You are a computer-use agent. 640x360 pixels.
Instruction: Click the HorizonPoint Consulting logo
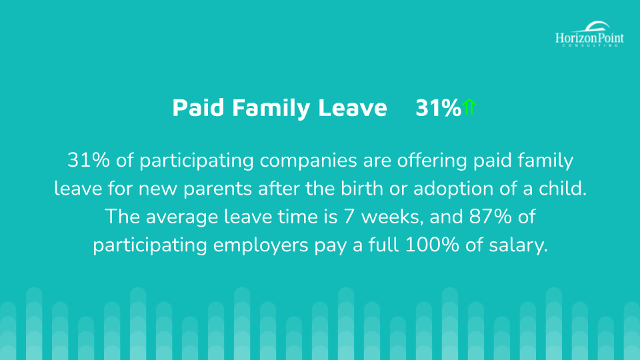pos(589,34)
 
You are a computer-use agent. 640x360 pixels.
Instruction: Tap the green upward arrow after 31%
pos(469,107)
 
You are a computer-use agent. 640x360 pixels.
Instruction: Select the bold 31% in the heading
pos(439,108)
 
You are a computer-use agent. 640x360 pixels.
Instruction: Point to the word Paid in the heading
pos(199,108)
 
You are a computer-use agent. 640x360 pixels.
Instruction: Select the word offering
pos(432,161)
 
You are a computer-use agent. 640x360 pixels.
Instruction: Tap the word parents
pos(217,189)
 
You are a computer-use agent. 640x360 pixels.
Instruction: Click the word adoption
pos(453,189)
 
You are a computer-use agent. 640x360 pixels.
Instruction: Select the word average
pos(182,217)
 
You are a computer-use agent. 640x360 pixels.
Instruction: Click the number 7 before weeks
pos(349,217)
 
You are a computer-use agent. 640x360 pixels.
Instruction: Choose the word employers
pos(261,246)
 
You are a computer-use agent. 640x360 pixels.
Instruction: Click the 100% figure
pos(432,245)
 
